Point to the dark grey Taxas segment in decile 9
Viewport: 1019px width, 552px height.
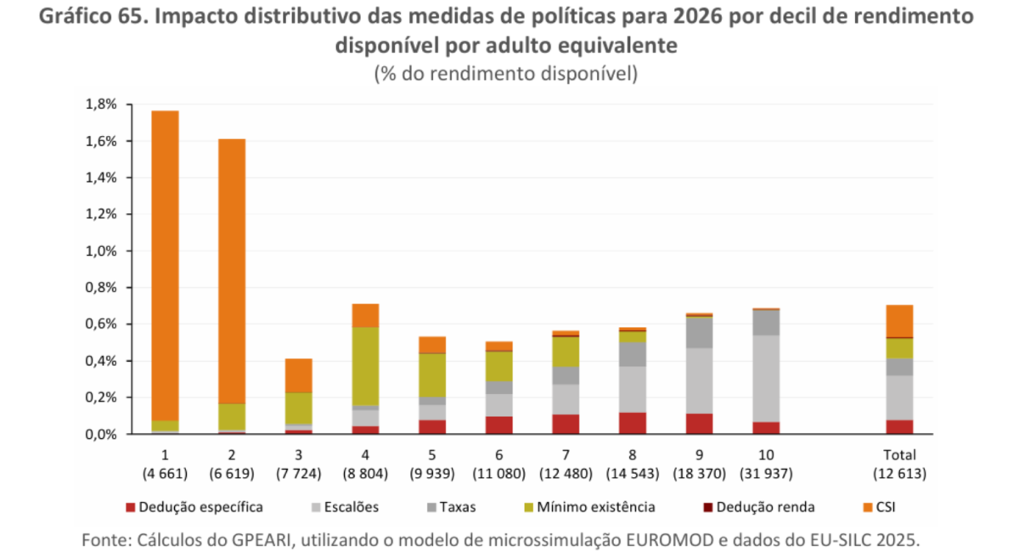tap(699, 332)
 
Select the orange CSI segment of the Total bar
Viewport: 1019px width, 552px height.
tap(899, 320)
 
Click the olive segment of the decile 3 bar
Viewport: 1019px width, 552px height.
tap(298, 408)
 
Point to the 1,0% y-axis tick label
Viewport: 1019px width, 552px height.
tap(101, 251)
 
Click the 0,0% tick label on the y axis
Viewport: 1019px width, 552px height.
tap(101, 434)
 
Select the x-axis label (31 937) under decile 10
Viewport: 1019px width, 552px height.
tap(766, 474)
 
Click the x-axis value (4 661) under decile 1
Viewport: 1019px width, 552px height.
tap(165, 474)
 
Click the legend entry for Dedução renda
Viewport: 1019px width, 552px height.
tap(764, 508)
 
